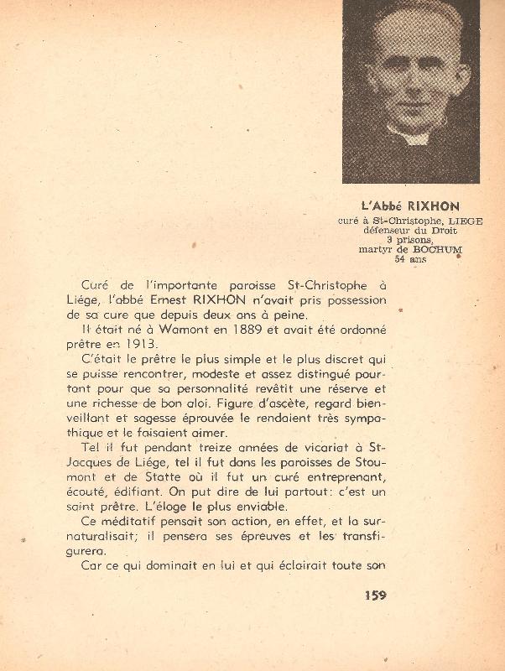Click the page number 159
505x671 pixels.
[375, 596]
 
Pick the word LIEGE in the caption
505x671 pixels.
[444, 221]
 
